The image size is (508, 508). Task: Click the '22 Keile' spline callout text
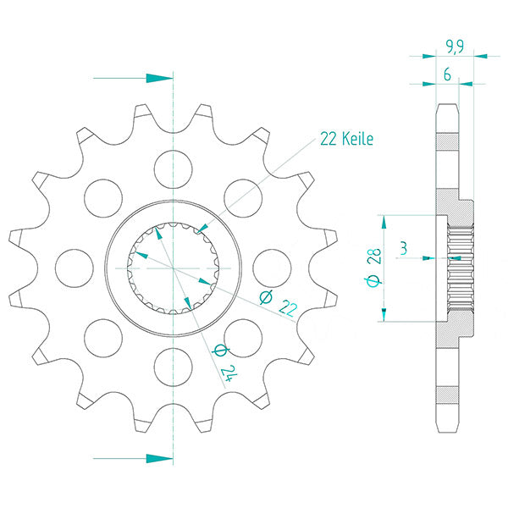346,139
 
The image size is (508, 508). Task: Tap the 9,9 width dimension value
455,46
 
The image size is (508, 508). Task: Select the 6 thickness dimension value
447,75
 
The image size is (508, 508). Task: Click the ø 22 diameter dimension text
279,303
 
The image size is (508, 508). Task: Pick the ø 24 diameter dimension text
225,362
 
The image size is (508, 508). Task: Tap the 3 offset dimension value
403,248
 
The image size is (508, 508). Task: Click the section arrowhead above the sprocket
159,78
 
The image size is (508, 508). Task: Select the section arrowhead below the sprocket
159,458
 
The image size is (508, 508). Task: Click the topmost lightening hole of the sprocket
174,169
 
